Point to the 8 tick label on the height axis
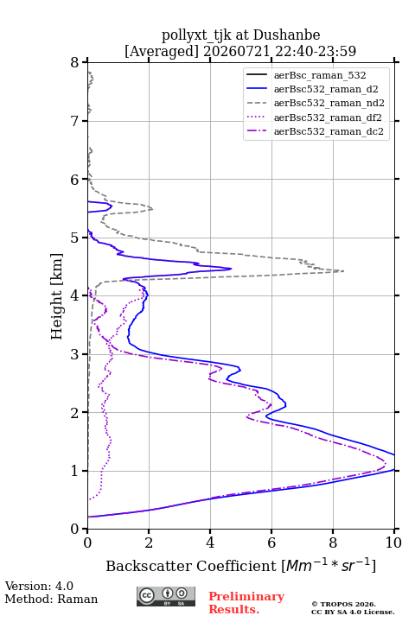click(x=75, y=62)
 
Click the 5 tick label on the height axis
click(x=75, y=238)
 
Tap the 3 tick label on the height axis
click(x=75, y=354)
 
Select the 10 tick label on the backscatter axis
click(x=393, y=543)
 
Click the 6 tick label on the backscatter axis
click(x=271, y=543)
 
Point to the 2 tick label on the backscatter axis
click(x=149, y=543)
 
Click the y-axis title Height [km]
click(x=57, y=296)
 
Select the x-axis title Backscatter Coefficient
click(x=191, y=566)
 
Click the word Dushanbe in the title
click(x=286, y=35)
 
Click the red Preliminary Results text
click(x=246, y=603)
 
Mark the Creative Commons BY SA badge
click(x=166, y=596)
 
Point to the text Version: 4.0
click(x=39, y=586)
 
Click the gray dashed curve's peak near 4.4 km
click(x=343, y=271)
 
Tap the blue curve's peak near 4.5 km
click(x=231, y=269)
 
